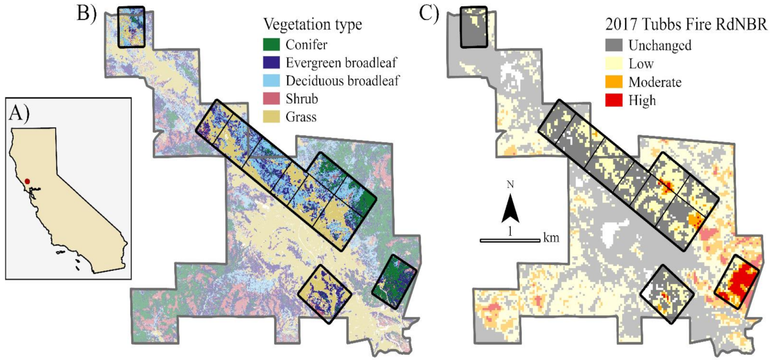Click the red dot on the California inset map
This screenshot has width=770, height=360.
(x=28, y=181)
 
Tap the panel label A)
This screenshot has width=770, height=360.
(x=18, y=114)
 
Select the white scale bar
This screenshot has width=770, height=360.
(x=510, y=240)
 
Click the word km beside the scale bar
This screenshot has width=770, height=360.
(x=551, y=236)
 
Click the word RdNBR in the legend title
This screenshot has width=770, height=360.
(x=741, y=24)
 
